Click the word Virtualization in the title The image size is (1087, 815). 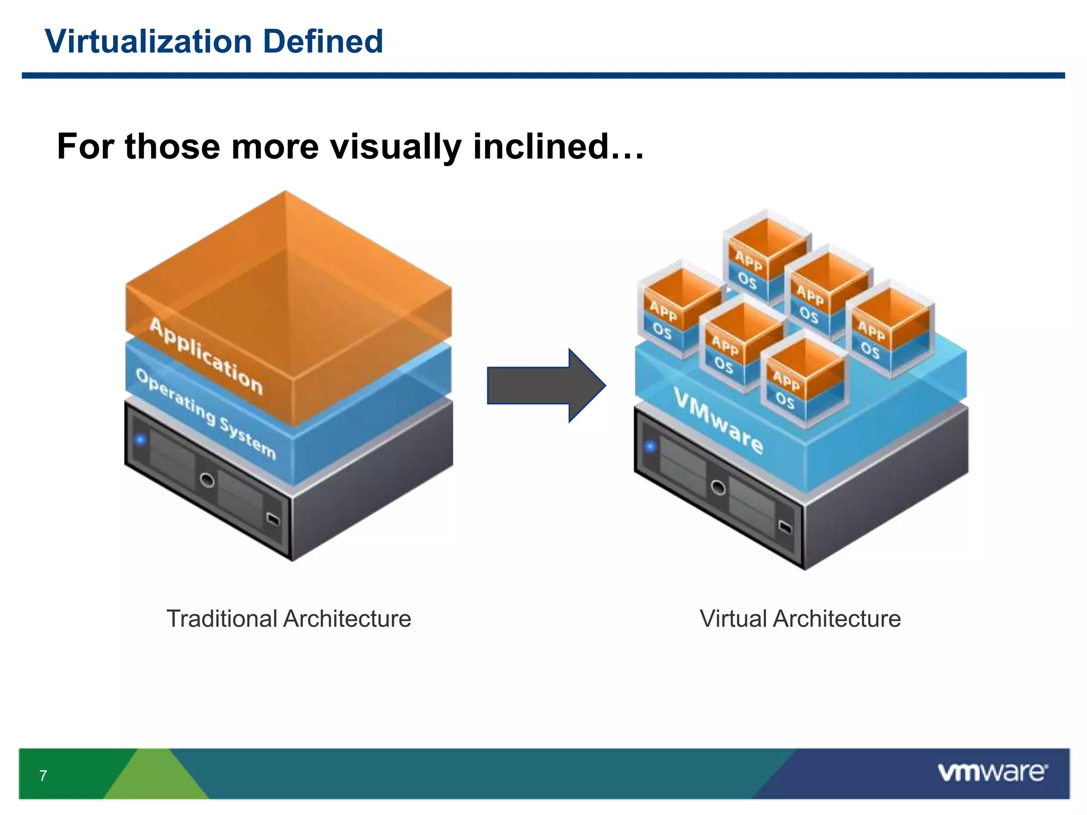pos(148,41)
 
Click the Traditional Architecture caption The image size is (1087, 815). pos(289,619)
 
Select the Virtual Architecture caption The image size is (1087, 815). pos(800,619)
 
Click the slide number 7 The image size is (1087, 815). pos(43,776)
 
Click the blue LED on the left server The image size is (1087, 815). pos(140,439)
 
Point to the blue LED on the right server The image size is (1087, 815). pos(651,446)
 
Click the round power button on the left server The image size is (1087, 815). pos(208,481)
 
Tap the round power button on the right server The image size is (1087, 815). pos(718,487)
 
